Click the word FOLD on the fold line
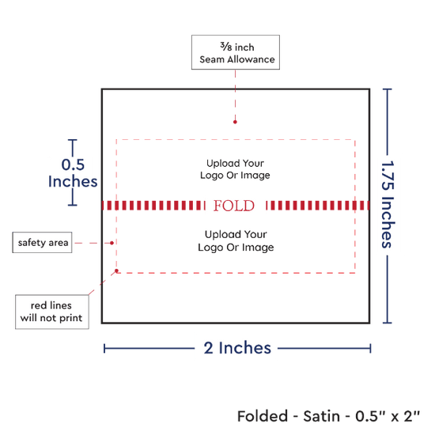pyautogui.click(x=233, y=206)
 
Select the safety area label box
pyautogui.click(x=42, y=243)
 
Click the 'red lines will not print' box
pyautogui.click(x=52, y=312)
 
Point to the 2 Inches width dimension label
pyautogui.click(x=237, y=348)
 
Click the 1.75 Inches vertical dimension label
pyautogui.click(x=388, y=204)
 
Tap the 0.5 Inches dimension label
pyautogui.click(x=73, y=173)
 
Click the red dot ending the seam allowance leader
pyautogui.click(x=235, y=122)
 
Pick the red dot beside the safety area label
pyautogui.click(x=112, y=243)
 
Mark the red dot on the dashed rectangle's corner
pyautogui.click(x=116, y=270)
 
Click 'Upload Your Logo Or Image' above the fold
pyautogui.click(x=235, y=169)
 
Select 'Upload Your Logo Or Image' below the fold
pyautogui.click(x=236, y=240)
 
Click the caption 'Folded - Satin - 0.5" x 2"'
pyautogui.click(x=329, y=416)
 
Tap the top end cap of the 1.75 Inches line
pyautogui.click(x=388, y=89)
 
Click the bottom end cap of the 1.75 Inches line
pyautogui.click(x=388, y=323)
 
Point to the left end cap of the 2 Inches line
pyautogui.click(x=104, y=348)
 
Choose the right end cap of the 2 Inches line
pyautogui.click(x=370, y=348)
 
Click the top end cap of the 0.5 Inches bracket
pyautogui.click(x=73, y=140)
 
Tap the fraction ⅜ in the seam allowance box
pyautogui.click(x=226, y=47)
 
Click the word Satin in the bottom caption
pyautogui.click(x=322, y=416)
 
